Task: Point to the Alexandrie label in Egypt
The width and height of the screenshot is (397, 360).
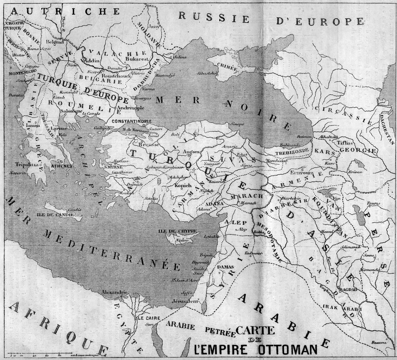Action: point(115,292)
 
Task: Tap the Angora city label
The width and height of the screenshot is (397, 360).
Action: point(188,151)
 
